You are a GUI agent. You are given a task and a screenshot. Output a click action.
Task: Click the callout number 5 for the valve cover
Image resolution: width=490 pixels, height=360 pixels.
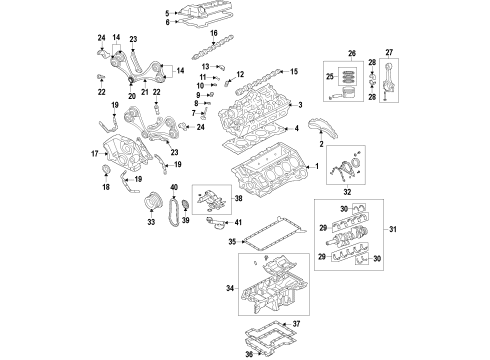(x=167, y=12)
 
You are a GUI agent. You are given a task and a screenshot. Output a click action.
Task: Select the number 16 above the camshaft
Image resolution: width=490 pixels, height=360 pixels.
(x=213, y=34)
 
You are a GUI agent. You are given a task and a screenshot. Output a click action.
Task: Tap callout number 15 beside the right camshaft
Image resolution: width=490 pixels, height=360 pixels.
(x=294, y=72)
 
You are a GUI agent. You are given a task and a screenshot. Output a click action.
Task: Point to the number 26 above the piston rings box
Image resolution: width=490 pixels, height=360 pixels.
(x=351, y=53)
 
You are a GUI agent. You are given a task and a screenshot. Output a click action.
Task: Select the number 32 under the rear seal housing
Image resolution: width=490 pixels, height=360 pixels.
(x=347, y=216)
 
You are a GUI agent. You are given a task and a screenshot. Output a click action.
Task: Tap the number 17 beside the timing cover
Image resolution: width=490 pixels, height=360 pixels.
(x=96, y=153)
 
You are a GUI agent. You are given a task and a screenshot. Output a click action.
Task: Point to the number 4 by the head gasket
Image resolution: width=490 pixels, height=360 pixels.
(x=297, y=129)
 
